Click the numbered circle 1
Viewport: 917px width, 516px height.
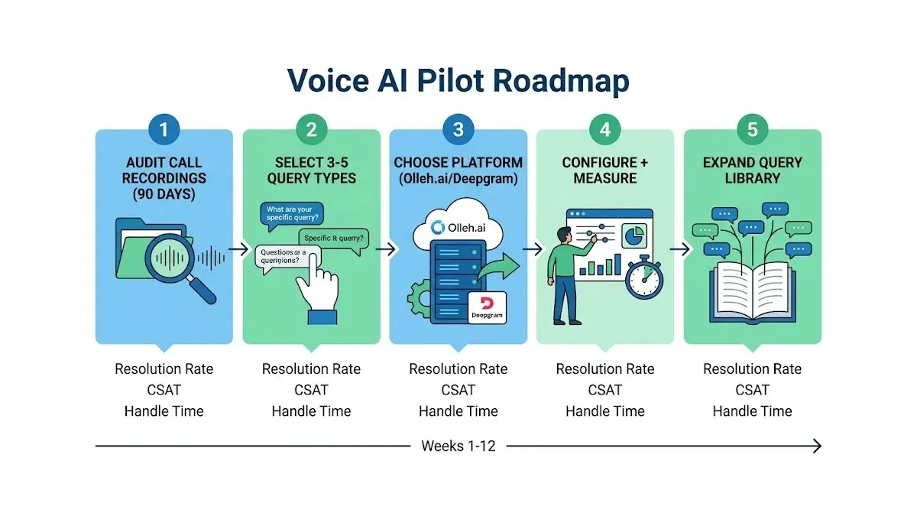pyautogui.click(x=164, y=130)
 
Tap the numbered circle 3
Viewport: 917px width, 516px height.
pyautogui.click(x=458, y=130)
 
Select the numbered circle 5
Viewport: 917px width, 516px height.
pyautogui.click(x=753, y=130)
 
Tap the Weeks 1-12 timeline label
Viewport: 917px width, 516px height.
pyautogui.click(x=458, y=446)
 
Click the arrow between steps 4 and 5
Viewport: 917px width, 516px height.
pyautogui.click(x=679, y=248)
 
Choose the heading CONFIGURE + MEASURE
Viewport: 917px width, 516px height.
pyautogui.click(x=605, y=170)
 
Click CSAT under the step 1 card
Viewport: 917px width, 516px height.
pyautogui.click(x=164, y=390)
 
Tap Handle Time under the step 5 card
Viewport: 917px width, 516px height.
pyautogui.click(x=753, y=411)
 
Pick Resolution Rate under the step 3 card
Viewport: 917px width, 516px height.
pyautogui.click(x=458, y=369)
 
